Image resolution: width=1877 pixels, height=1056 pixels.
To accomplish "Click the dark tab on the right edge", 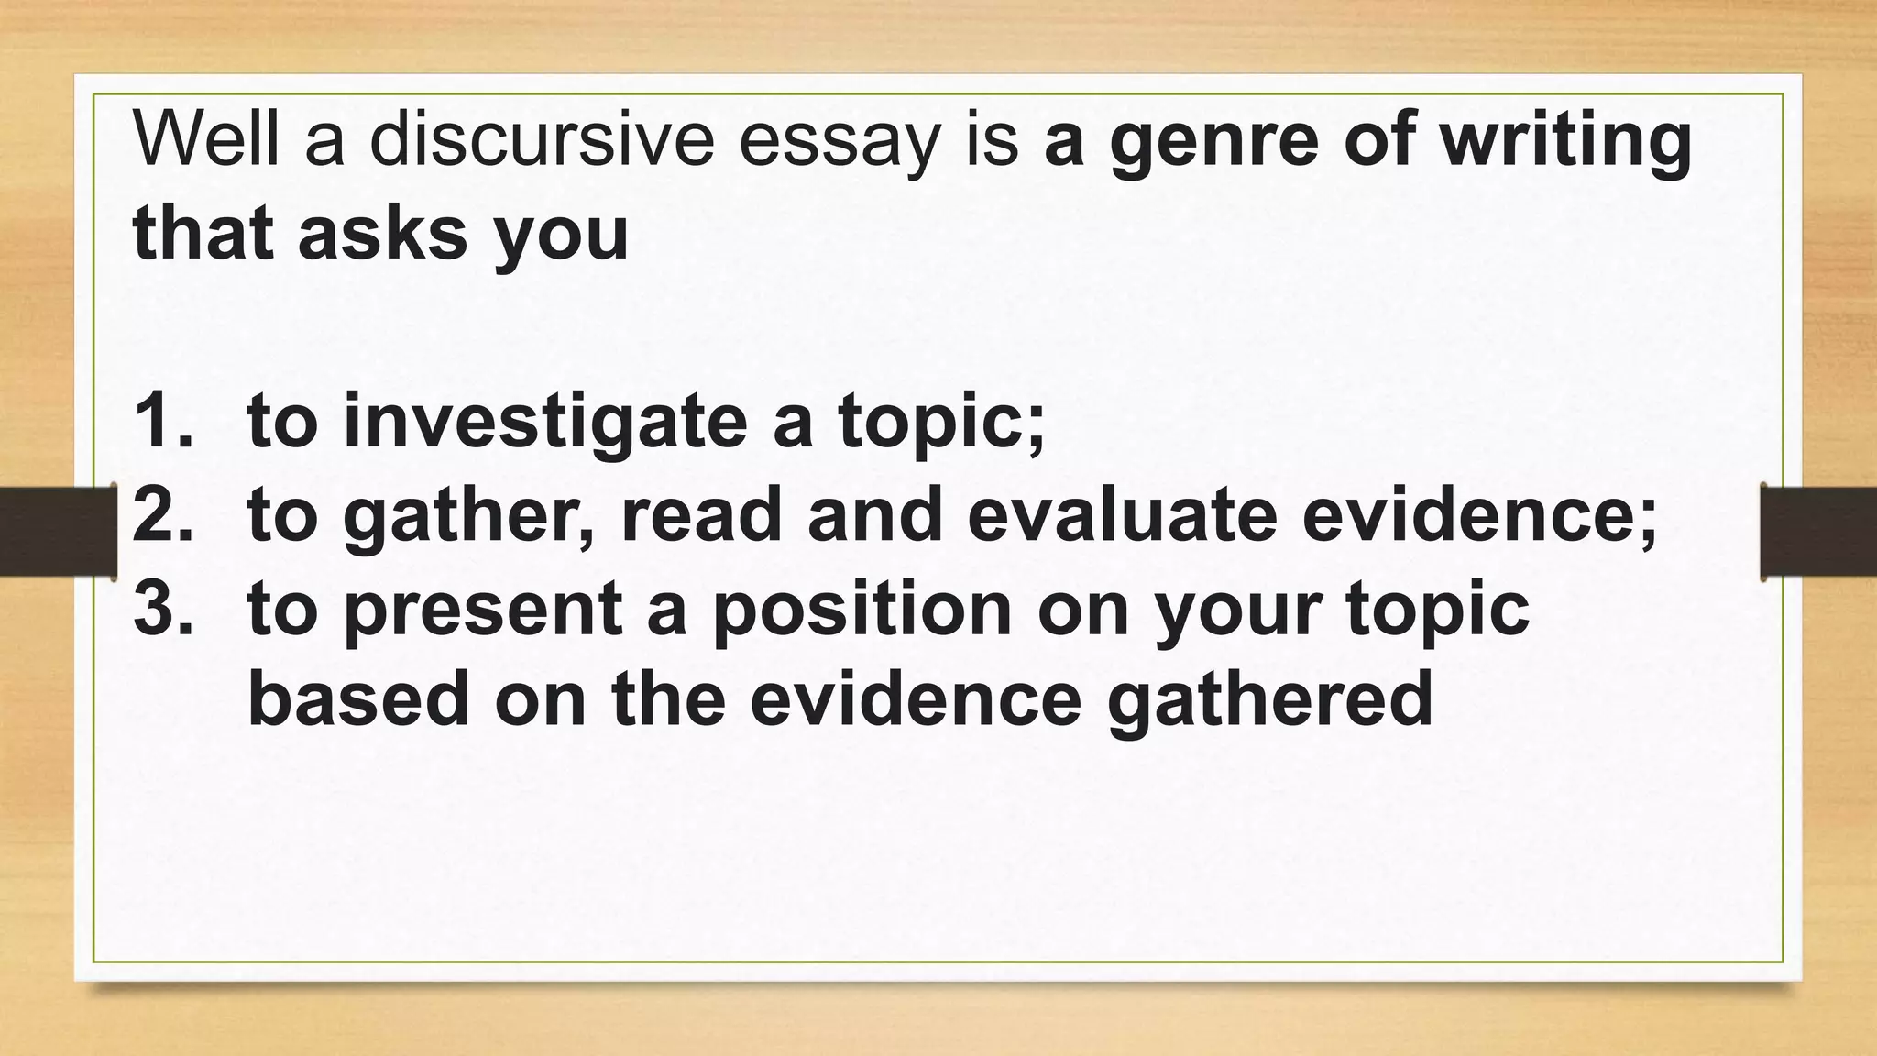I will [x=1818, y=532].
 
